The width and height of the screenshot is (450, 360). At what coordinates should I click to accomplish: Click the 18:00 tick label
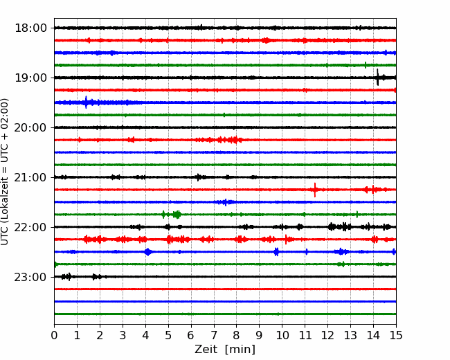30,28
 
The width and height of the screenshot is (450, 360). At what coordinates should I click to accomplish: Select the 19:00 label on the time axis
30,78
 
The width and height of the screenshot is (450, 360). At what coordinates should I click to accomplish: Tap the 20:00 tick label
30,127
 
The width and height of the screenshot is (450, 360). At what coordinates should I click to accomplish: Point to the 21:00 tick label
30,177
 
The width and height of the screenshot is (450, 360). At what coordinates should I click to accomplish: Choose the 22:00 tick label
30,227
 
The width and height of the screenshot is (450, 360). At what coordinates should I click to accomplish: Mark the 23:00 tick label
30,277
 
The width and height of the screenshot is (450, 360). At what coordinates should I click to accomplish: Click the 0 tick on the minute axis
54,335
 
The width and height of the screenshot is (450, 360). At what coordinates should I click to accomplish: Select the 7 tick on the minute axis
214,335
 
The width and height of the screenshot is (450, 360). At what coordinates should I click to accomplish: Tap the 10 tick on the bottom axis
282,335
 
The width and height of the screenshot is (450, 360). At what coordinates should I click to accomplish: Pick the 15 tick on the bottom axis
396,335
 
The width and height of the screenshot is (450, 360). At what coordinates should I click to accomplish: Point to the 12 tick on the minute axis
327,335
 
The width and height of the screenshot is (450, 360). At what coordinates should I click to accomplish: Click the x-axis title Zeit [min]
225,350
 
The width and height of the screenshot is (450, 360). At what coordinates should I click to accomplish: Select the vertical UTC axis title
5,172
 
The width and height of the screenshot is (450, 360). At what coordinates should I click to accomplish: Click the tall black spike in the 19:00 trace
378,78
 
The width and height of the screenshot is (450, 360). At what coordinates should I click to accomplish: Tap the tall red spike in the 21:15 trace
315,190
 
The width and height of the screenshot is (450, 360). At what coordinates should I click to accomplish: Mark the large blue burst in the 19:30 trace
86,102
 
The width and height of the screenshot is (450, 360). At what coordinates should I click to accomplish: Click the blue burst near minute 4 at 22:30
148,252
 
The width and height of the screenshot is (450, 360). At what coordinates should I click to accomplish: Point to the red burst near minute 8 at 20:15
230,140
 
